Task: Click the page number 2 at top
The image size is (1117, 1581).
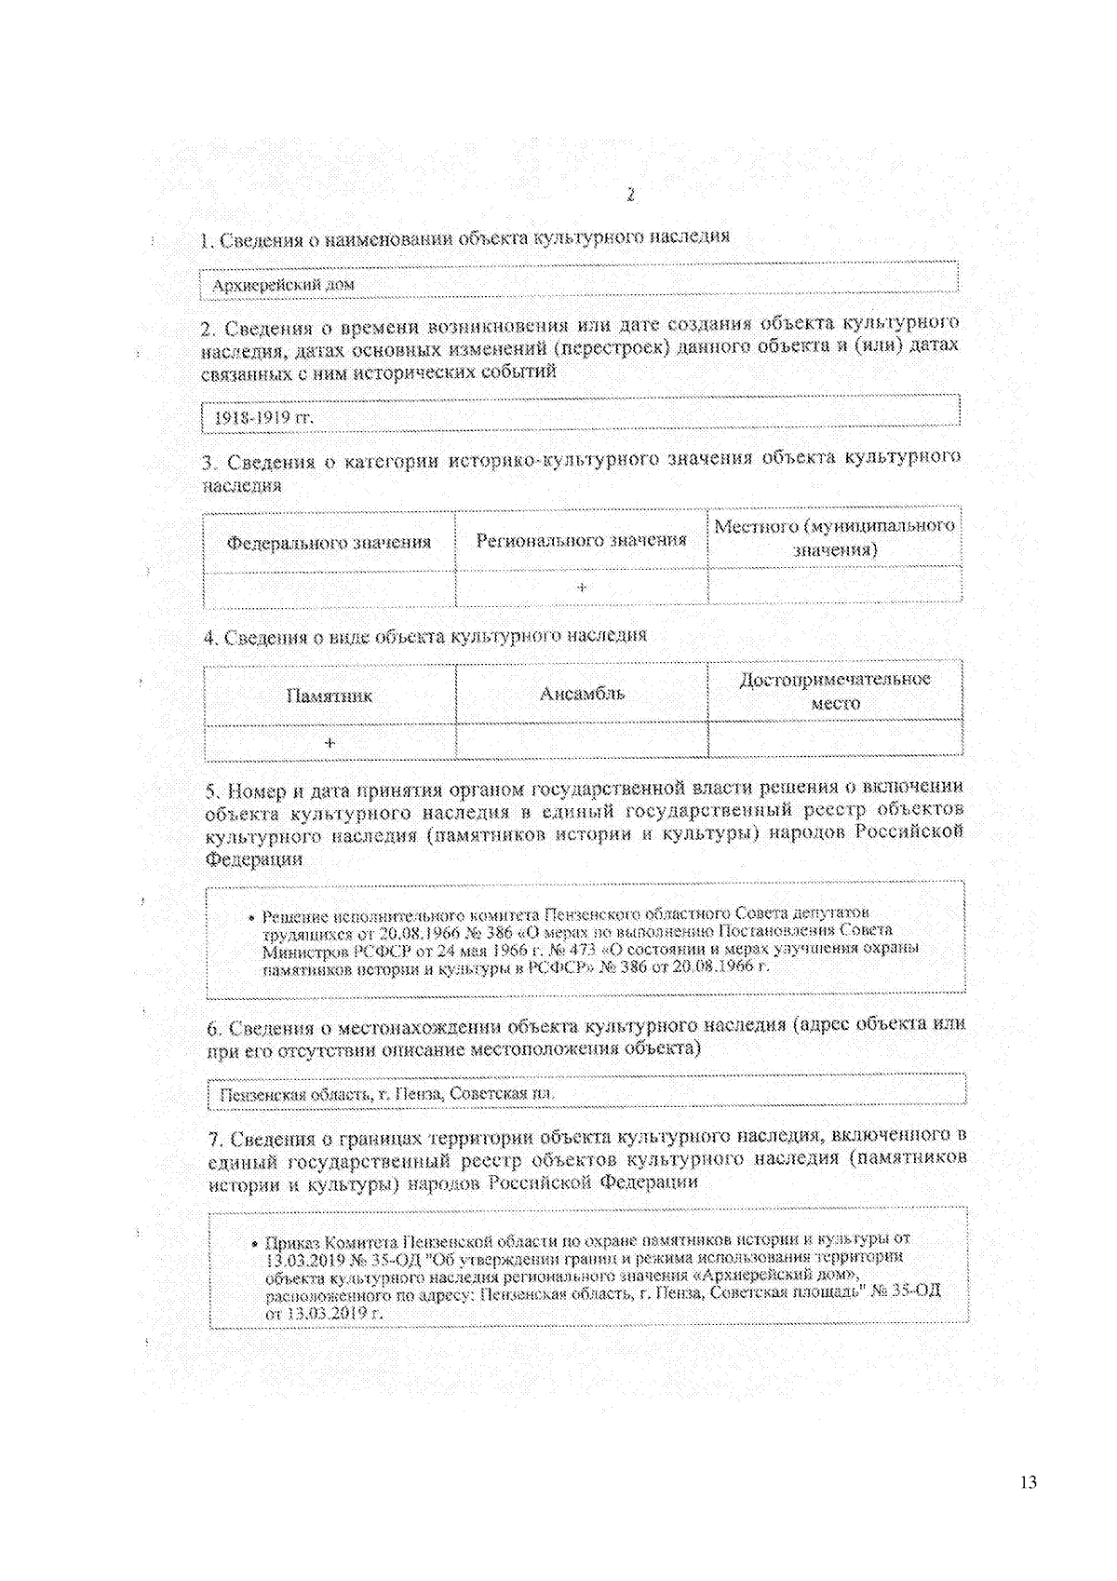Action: (630, 195)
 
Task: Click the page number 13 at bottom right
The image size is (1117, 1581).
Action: (1028, 1482)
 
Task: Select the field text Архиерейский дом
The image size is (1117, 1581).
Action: (283, 284)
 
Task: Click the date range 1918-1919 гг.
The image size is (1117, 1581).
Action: (264, 417)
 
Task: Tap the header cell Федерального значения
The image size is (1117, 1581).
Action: (329, 541)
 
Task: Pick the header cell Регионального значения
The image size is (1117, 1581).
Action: (581, 540)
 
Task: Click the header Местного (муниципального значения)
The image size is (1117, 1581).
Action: (834, 537)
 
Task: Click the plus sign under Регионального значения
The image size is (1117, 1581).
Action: (581, 588)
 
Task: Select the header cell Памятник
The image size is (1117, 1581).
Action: (329, 696)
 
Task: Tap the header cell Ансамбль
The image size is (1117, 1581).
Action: (582, 693)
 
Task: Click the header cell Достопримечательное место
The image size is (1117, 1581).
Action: (835, 691)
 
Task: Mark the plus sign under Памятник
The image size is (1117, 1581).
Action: (329, 743)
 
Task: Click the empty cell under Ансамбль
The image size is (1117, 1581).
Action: (582, 741)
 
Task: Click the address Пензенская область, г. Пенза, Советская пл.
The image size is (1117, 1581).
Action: (386, 1094)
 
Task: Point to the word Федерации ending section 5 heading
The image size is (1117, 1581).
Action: (254, 858)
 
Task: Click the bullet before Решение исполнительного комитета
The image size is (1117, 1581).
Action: (252, 916)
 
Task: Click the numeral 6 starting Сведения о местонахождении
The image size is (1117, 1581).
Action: (213, 1029)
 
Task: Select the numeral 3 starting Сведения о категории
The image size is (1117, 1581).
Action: (209, 462)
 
